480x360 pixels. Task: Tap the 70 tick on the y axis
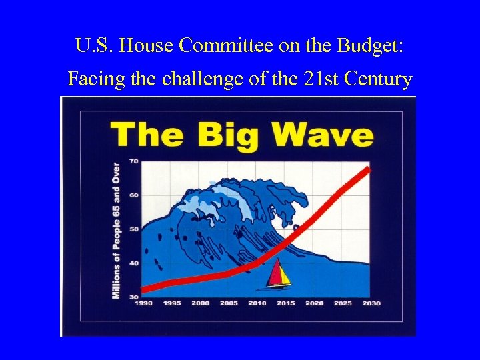pos(133,161)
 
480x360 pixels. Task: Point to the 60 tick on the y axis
pos(133,195)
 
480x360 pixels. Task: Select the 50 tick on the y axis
pos(133,229)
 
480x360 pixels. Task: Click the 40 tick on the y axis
pos(133,263)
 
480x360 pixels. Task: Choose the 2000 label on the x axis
pos(200,303)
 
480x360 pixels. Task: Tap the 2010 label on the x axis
pos(257,303)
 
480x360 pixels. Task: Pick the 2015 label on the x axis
pos(285,303)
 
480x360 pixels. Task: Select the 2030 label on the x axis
pos(371,303)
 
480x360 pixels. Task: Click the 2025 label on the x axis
pos(343,303)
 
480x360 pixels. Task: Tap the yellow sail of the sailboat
pos(283,273)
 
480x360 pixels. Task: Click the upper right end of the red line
pos(367,169)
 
